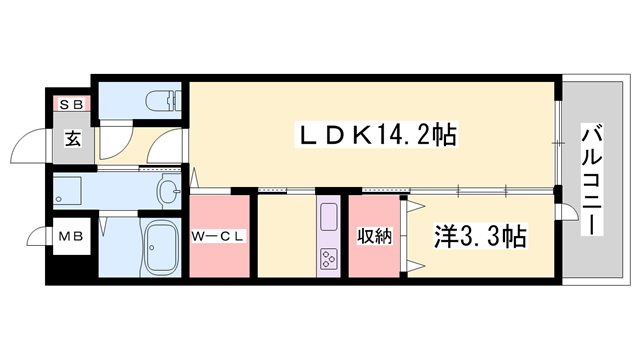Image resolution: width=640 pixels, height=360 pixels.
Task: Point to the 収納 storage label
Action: coord(373,236)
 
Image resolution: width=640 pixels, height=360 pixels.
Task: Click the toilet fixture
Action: coord(159,101)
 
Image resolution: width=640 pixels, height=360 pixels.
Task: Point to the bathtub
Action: coord(159,250)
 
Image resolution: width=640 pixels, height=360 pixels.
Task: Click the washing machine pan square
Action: coord(68,189)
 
